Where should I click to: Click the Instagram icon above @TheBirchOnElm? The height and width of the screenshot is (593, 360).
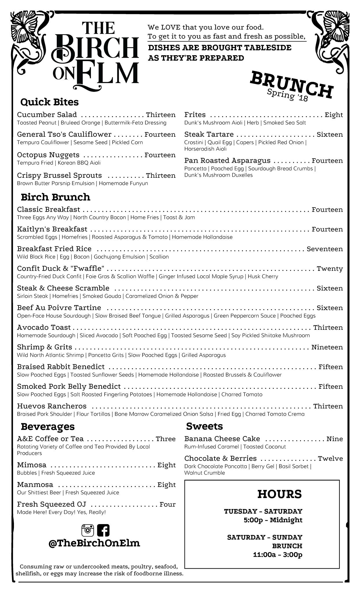pos(88,530)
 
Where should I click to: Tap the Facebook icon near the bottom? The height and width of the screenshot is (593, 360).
pos(103,530)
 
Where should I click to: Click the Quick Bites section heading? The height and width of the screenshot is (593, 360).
pos(50,102)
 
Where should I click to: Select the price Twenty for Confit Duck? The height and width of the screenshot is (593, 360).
pos(330,268)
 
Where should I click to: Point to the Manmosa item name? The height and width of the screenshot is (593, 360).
pos(35,484)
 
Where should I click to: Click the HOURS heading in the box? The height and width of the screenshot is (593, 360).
pos(279,494)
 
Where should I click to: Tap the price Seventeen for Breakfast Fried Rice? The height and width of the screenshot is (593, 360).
pos(325,249)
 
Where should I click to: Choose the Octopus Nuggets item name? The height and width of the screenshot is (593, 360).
pos(48,155)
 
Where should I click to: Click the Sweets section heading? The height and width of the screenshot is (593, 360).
pos(204,426)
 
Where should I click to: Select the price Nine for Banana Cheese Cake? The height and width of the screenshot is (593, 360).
pos(335,439)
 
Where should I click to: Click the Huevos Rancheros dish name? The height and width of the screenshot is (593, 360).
pos(52,406)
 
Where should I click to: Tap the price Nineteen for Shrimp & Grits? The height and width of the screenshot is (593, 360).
pos(327,347)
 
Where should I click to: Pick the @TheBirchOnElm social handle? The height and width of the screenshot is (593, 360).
pos(94,543)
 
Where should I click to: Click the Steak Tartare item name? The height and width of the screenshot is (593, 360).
pos(209,134)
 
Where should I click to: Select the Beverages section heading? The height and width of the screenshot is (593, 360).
pos(48,426)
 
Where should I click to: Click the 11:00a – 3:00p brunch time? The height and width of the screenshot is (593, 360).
pos(277,555)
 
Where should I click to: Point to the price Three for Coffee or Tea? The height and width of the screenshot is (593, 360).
pos(166,439)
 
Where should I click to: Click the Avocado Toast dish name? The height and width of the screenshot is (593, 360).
pos(44,327)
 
